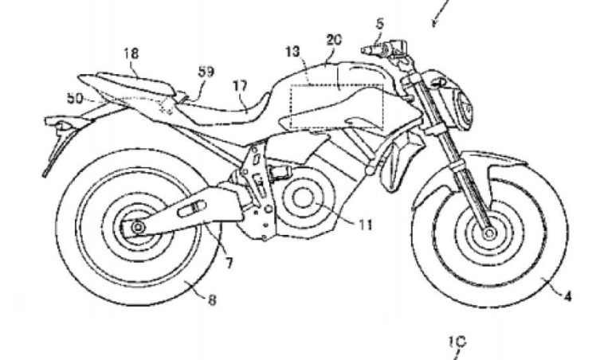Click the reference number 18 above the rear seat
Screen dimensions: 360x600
click(x=131, y=53)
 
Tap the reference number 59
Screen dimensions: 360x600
click(x=206, y=72)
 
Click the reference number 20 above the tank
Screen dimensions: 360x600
click(x=335, y=38)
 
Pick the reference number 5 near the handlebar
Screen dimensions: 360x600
click(x=380, y=24)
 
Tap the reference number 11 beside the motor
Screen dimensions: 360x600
click(x=364, y=225)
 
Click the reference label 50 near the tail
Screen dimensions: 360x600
click(x=75, y=97)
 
